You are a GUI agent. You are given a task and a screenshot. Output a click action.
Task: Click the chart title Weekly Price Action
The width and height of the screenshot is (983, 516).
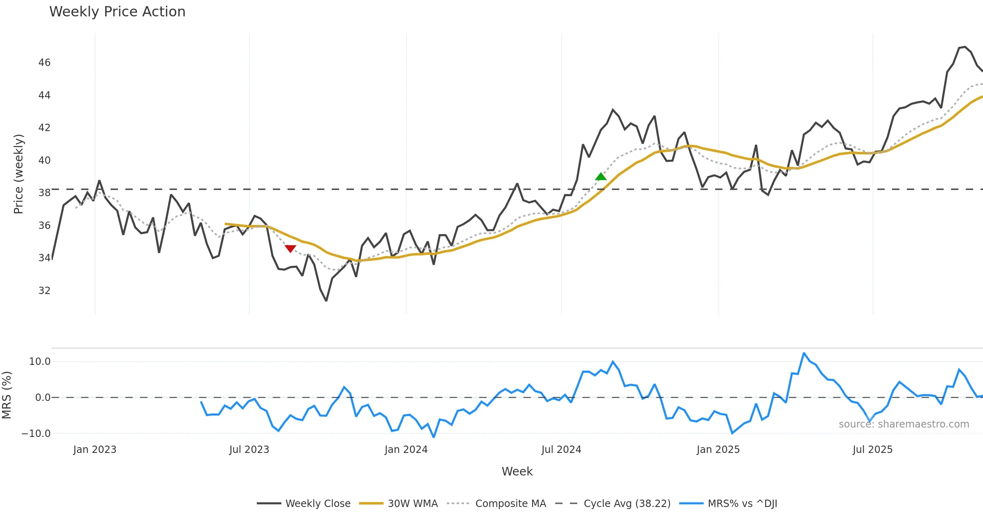tap(117, 12)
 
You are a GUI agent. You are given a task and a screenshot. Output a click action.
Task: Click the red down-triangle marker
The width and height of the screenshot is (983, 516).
tap(290, 249)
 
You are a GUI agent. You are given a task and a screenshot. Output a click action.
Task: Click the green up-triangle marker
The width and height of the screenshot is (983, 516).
tap(601, 177)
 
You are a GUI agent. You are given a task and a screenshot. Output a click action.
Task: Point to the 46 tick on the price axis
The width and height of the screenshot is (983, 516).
tap(44, 63)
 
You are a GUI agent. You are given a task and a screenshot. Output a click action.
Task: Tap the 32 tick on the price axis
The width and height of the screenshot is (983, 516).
tap(44, 291)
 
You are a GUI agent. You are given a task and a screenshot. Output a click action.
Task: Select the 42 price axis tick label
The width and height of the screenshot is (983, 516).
tap(44, 128)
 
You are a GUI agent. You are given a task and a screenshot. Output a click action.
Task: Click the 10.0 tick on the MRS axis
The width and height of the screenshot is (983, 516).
tap(40, 362)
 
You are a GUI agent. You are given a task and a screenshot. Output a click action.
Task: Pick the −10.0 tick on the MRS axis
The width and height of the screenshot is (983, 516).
tap(36, 434)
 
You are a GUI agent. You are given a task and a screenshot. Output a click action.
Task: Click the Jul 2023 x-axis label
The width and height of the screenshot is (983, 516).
tap(249, 450)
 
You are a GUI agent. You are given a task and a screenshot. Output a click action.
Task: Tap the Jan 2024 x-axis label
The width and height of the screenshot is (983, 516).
tap(406, 450)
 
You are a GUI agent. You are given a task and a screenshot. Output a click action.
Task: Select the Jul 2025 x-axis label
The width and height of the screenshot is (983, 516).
tap(872, 450)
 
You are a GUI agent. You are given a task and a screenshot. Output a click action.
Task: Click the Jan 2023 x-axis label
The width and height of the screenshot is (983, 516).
tap(95, 450)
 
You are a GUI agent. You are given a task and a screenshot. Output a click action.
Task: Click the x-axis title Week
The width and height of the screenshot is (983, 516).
tap(517, 472)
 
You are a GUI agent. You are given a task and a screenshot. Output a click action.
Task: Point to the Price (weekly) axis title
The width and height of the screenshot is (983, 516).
tap(19, 174)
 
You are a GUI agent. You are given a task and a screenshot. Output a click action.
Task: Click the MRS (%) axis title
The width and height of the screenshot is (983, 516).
tap(7, 395)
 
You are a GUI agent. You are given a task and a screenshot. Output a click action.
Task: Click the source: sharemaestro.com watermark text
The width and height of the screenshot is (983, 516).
tap(904, 424)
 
